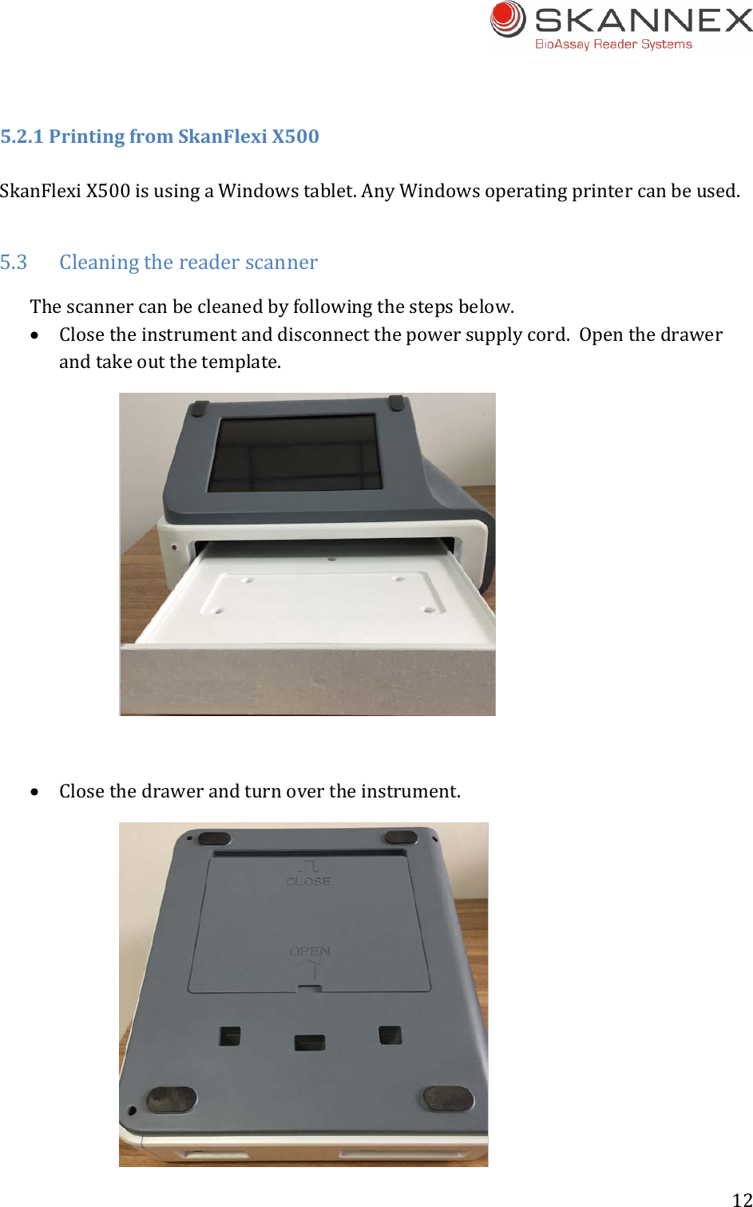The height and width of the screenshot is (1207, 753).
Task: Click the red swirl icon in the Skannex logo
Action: click(508, 19)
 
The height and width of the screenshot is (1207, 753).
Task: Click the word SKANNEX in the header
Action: click(644, 20)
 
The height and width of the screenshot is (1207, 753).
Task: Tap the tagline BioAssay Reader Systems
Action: click(613, 45)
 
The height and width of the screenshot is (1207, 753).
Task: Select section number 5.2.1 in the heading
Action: click(22, 137)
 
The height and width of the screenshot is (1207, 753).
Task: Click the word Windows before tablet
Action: click(248, 192)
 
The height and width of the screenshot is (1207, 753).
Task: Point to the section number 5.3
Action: click(14, 263)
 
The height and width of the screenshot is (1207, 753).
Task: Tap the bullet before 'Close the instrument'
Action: click(34, 336)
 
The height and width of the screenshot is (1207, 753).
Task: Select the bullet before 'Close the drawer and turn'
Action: click(34, 793)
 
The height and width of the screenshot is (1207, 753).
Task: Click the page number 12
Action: click(742, 1199)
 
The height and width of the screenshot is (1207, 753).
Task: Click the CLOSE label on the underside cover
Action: click(308, 881)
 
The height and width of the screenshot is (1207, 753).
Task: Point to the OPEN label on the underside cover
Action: click(310, 952)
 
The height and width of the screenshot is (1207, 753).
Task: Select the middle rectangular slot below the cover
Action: click(309, 1043)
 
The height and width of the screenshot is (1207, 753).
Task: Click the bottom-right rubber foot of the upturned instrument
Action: click(448, 1098)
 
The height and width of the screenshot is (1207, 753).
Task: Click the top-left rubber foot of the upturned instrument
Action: click(213, 839)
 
